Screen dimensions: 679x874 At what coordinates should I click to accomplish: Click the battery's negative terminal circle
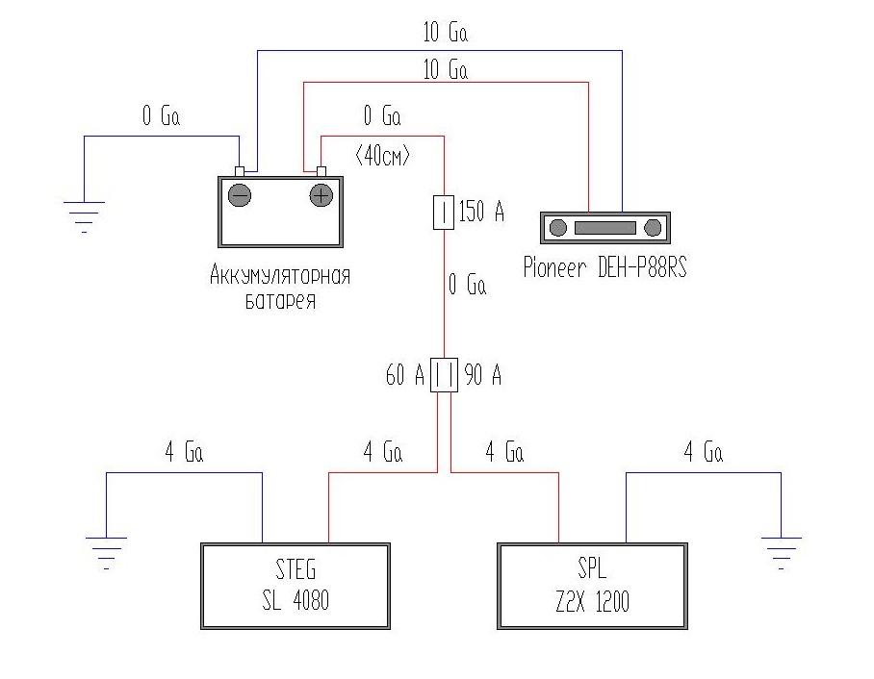pyautogui.click(x=240, y=196)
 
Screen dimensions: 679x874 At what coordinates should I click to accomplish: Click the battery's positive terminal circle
pyautogui.click(x=320, y=196)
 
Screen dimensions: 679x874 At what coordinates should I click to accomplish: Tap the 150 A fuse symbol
pyautogui.click(x=443, y=213)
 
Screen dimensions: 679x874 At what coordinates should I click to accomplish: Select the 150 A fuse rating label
pyautogui.click(x=481, y=213)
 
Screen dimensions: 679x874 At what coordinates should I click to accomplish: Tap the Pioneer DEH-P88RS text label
pyautogui.click(x=604, y=266)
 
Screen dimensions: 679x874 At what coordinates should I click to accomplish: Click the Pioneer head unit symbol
pyautogui.click(x=604, y=227)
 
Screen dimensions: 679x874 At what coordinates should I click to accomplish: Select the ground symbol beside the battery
pyautogui.click(x=85, y=214)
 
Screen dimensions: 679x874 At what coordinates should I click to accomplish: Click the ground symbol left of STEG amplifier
pyautogui.click(x=105, y=549)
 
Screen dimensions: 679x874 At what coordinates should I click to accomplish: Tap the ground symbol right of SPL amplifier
pyautogui.click(x=782, y=549)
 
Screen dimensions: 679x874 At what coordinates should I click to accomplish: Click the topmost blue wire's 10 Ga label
pyautogui.click(x=445, y=33)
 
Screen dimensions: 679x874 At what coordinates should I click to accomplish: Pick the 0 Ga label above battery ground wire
pyautogui.click(x=161, y=117)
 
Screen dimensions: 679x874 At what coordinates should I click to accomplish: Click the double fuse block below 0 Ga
pyautogui.click(x=443, y=375)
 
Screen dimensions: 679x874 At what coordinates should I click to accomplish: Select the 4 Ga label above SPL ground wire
pyautogui.click(x=703, y=452)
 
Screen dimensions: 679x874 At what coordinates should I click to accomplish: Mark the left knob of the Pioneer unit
pyautogui.click(x=558, y=227)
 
